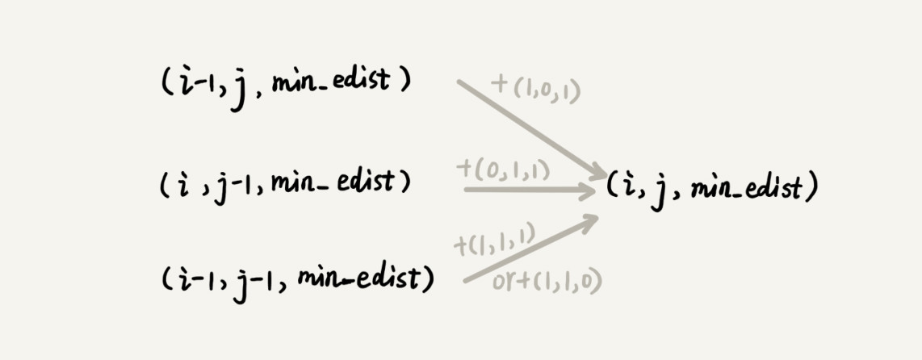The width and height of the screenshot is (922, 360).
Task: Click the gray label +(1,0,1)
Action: [x=535, y=89]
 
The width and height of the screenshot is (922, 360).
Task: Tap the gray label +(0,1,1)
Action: [x=503, y=170]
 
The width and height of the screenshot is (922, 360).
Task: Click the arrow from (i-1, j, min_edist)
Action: [x=532, y=129]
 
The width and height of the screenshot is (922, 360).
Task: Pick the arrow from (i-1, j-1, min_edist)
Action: [x=531, y=249]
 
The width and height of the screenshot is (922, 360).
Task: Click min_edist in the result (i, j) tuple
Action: [x=746, y=189]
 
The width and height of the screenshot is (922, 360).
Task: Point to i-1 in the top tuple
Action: [x=193, y=83]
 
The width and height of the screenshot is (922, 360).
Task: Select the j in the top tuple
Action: [x=237, y=91]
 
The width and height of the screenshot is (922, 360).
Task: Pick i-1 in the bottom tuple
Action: [x=195, y=278]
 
